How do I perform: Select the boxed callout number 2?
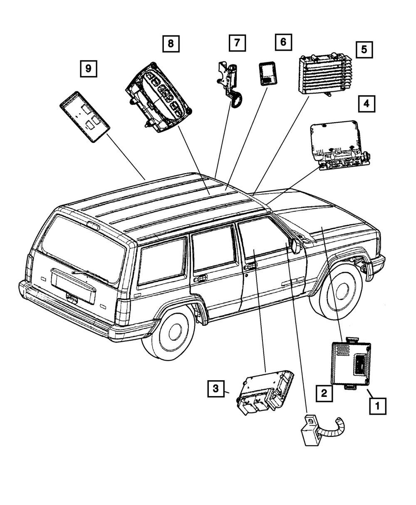click(324, 392)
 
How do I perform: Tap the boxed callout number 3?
click(216, 389)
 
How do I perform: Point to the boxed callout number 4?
click(366, 104)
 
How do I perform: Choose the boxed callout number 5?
click(364, 50)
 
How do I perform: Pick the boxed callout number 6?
click(283, 42)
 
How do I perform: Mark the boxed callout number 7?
click(237, 42)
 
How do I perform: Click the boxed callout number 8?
click(171, 43)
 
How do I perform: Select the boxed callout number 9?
click(88, 68)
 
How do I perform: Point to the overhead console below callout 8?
click(159, 97)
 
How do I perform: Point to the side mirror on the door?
click(296, 246)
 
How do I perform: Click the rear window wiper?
click(86, 273)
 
